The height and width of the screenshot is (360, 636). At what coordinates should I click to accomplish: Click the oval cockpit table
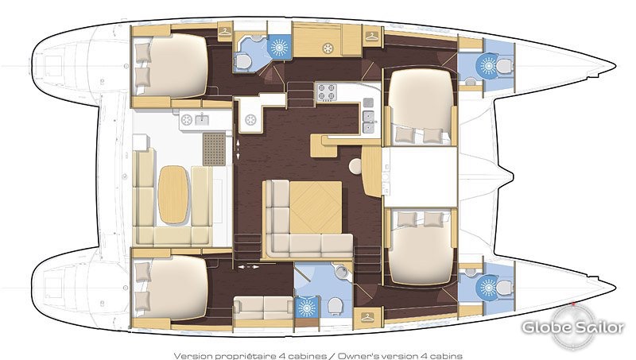coord(173,195)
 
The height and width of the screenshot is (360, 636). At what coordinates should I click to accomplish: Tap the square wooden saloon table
coord(316,207)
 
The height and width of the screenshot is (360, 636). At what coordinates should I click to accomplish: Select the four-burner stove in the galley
coord(327,92)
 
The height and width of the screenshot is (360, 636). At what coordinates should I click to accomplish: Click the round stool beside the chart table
coord(355,166)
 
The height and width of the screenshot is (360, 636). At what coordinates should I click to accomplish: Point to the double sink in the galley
coord(369,122)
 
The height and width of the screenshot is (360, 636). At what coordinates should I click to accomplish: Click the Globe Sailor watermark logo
coord(573,327)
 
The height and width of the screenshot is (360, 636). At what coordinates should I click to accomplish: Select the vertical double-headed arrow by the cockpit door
coord(238,149)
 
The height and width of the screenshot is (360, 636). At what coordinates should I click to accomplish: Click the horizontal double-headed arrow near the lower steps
coord(248,267)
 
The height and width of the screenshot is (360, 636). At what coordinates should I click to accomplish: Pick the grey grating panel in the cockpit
coord(214,149)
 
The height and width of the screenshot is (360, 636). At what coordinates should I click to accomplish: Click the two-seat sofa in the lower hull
coord(263,308)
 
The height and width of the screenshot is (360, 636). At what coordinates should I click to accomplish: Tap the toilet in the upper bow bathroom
coord(504,66)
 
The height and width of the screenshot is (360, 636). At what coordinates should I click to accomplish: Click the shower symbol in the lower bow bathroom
coord(488,288)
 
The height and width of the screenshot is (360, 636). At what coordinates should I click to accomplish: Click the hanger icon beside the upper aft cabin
coord(225,32)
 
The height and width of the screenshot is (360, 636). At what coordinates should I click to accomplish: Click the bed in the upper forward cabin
coord(421,105)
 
